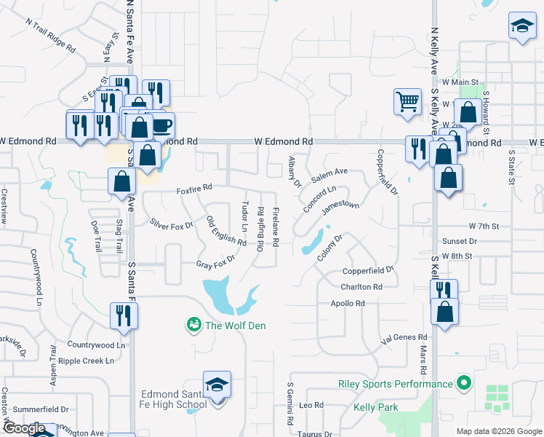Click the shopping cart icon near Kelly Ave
pos(407,101)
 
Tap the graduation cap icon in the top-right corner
pos(521,27)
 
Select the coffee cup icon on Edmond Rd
pos(161,125)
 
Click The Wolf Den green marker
pos(193,324)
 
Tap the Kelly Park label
pos(377,408)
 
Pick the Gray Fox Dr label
pos(216,261)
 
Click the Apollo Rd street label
pos(347,303)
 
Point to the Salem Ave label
pos(329,176)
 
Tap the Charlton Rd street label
pos(361,287)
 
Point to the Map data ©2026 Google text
pos(498,431)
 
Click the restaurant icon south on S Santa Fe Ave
pos(124,315)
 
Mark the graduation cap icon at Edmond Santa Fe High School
pos(217,384)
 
